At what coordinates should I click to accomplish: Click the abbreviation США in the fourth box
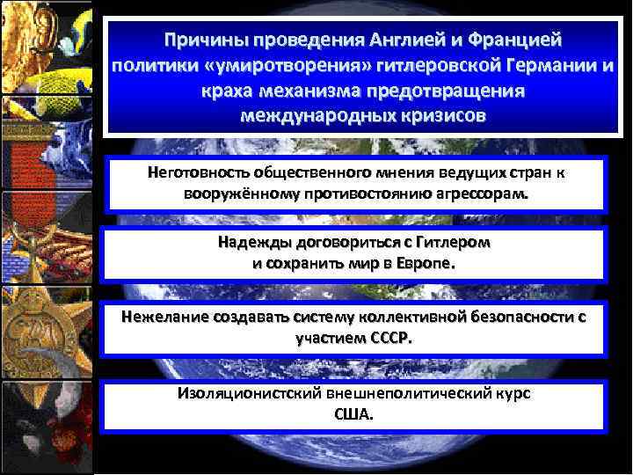[353, 413]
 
